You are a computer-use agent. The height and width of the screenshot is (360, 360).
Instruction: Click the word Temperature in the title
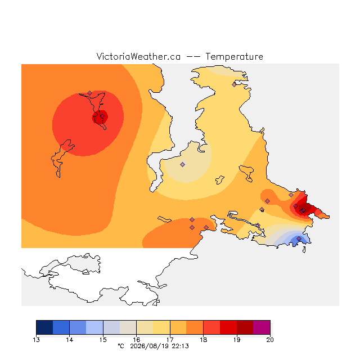234,56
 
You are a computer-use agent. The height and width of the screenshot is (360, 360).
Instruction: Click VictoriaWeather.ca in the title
138,56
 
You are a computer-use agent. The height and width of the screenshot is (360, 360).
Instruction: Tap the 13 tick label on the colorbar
36,340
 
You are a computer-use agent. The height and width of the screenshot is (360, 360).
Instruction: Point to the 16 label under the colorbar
136,340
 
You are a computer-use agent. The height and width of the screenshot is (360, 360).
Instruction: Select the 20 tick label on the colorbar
270,340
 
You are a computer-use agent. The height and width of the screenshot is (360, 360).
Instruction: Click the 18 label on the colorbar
203,340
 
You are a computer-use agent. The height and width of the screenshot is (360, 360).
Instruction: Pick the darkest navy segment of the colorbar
44,327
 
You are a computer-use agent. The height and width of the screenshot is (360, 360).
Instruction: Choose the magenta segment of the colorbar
262,327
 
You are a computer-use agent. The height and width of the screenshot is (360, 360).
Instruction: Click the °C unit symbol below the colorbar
121,346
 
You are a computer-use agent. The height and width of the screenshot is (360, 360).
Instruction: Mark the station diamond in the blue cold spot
299,238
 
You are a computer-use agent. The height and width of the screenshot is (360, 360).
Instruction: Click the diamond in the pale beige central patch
182,164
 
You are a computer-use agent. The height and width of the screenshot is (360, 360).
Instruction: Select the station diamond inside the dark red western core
102,116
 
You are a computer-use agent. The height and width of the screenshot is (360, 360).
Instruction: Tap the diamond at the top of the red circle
90,93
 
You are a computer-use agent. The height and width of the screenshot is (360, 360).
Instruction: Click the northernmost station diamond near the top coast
234,84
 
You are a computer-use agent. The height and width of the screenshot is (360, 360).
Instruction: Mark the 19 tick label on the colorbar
237,340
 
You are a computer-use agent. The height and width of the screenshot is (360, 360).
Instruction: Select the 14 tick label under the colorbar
69,340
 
